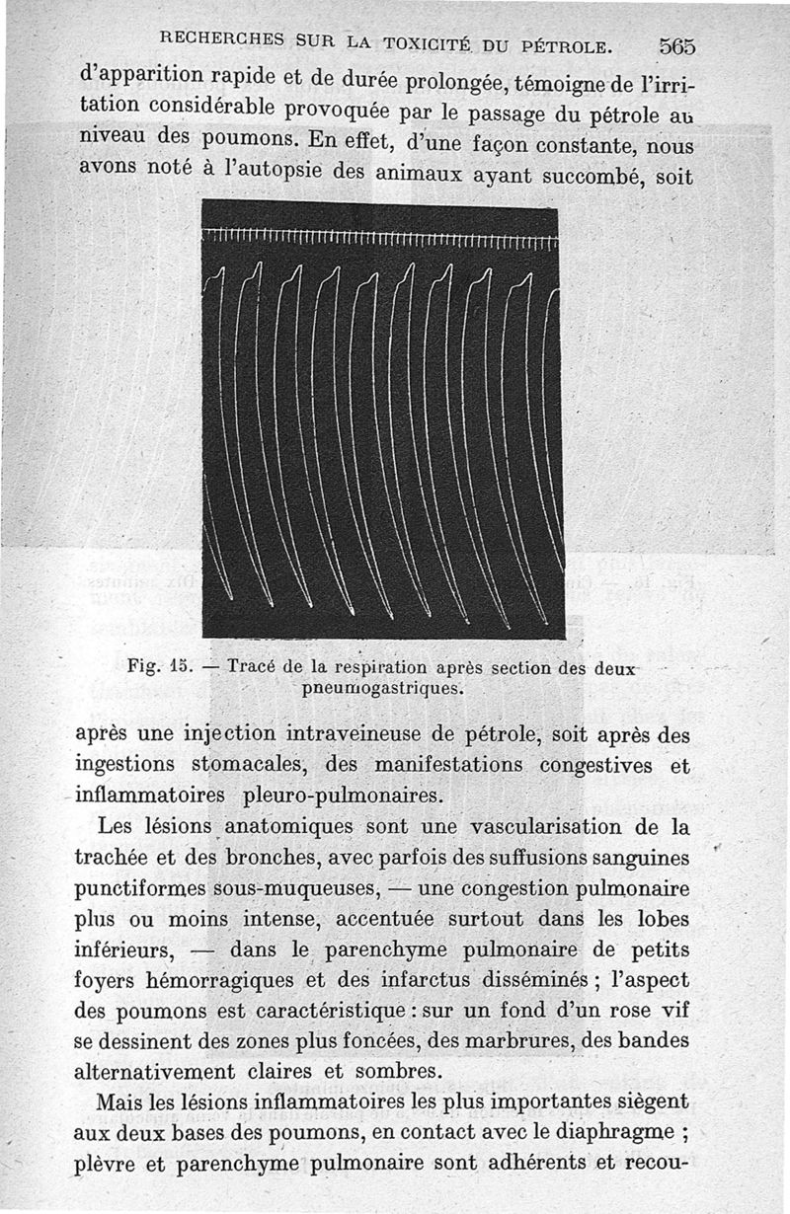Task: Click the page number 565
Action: (676, 46)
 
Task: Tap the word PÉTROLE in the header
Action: (566, 44)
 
